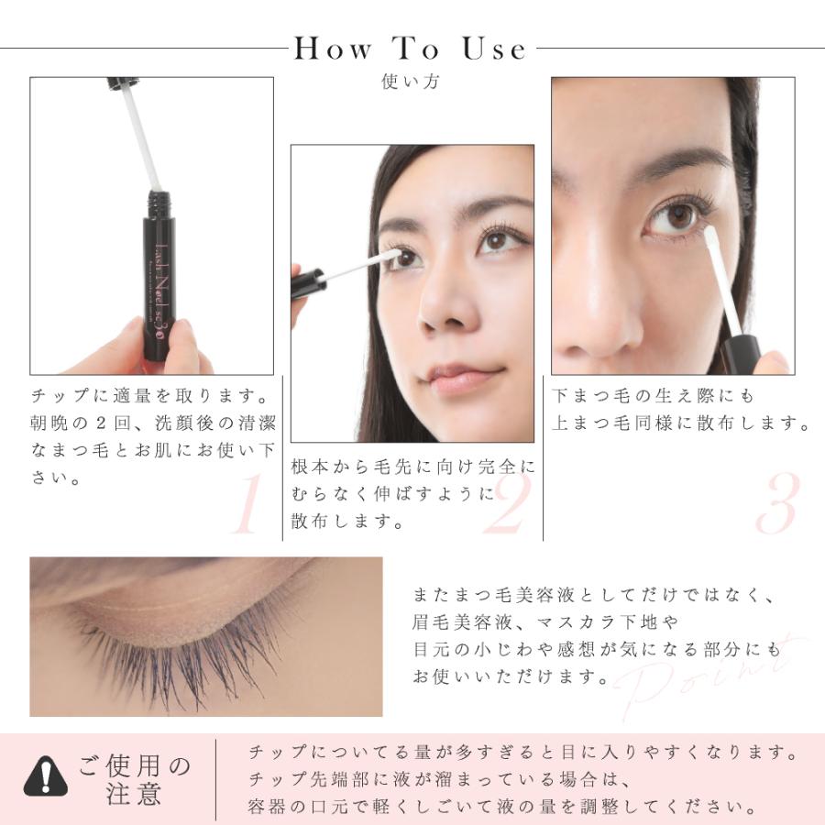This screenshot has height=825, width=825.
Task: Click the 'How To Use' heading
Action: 410,49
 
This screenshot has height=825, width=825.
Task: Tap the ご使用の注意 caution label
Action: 134,777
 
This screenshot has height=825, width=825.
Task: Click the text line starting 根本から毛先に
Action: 412,467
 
